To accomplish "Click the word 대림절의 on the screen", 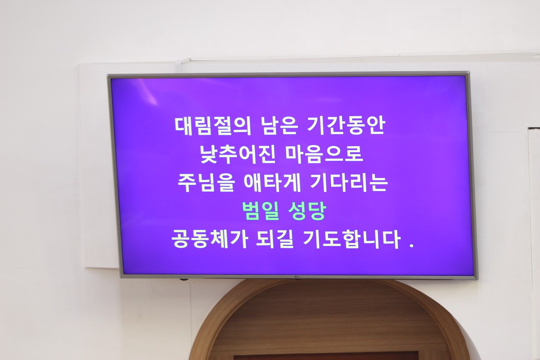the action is coord(212,126).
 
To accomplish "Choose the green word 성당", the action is coord(307,211).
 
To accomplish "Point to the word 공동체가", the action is coord(209,239).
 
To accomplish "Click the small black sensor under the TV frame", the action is coord(184,279).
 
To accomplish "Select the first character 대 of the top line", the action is coord(184,126).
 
